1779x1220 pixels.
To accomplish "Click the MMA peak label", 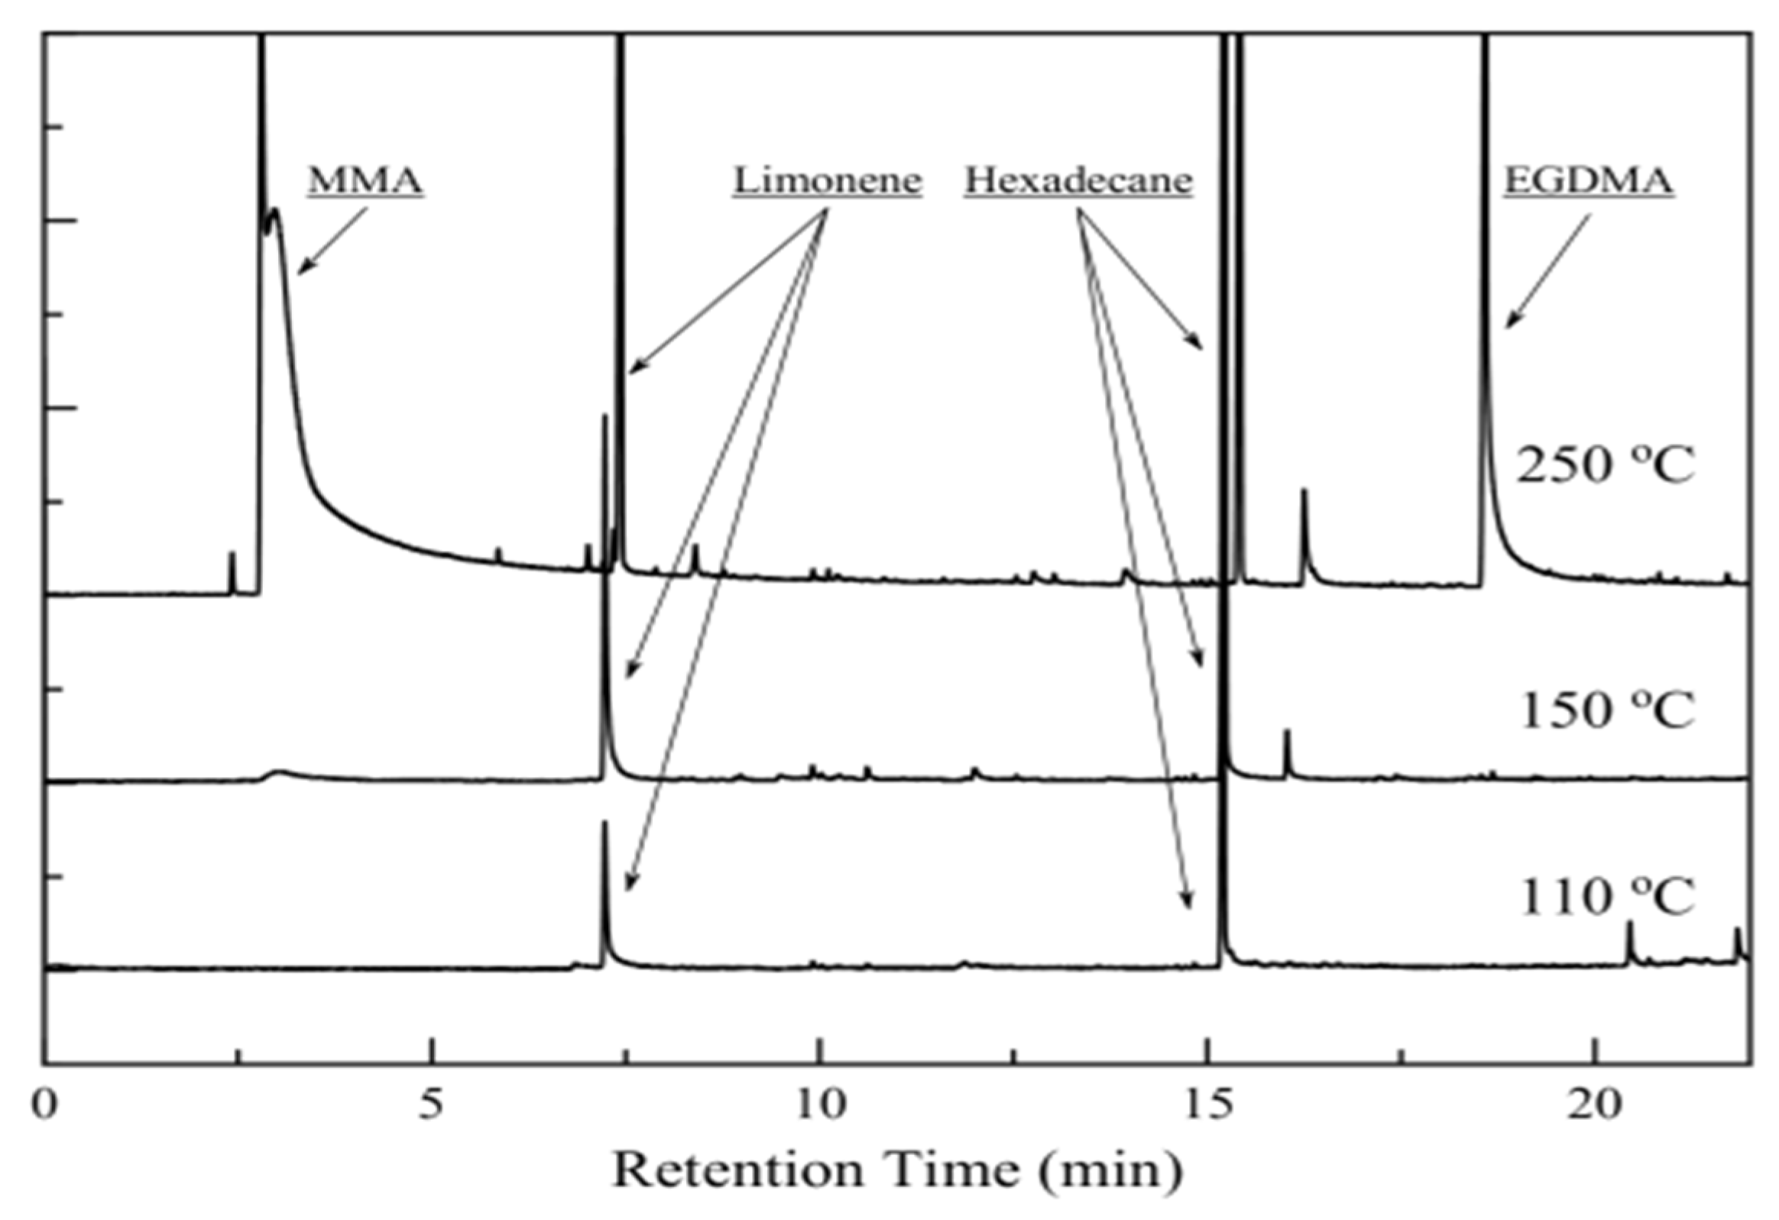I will pyautogui.click(x=365, y=181).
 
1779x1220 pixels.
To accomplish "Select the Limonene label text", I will pyautogui.click(x=827, y=181).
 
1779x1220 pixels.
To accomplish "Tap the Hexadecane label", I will pyautogui.click(x=1077, y=181).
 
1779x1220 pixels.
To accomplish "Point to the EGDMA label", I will pyautogui.click(x=1589, y=181).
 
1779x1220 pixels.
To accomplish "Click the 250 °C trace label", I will pyautogui.click(x=1606, y=465).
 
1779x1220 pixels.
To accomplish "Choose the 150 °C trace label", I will pyautogui.click(x=1606, y=710).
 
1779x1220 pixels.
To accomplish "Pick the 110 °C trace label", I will pyautogui.click(x=1606, y=897).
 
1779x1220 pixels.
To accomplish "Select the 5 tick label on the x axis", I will pyautogui.click(x=433, y=1105).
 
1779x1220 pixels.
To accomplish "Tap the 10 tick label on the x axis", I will pyautogui.click(x=820, y=1105).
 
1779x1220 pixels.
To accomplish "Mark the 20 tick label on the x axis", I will pyautogui.click(x=1595, y=1105).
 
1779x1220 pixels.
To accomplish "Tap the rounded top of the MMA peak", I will pyautogui.click(x=275, y=212).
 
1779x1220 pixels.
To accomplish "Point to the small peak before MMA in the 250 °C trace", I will pyautogui.click(x=233, y=554).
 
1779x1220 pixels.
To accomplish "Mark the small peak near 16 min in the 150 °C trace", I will pyautogui.click(x=1288, y=733).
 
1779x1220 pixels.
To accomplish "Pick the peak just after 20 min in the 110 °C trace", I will pyautogui.click(x=1630, y=925).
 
